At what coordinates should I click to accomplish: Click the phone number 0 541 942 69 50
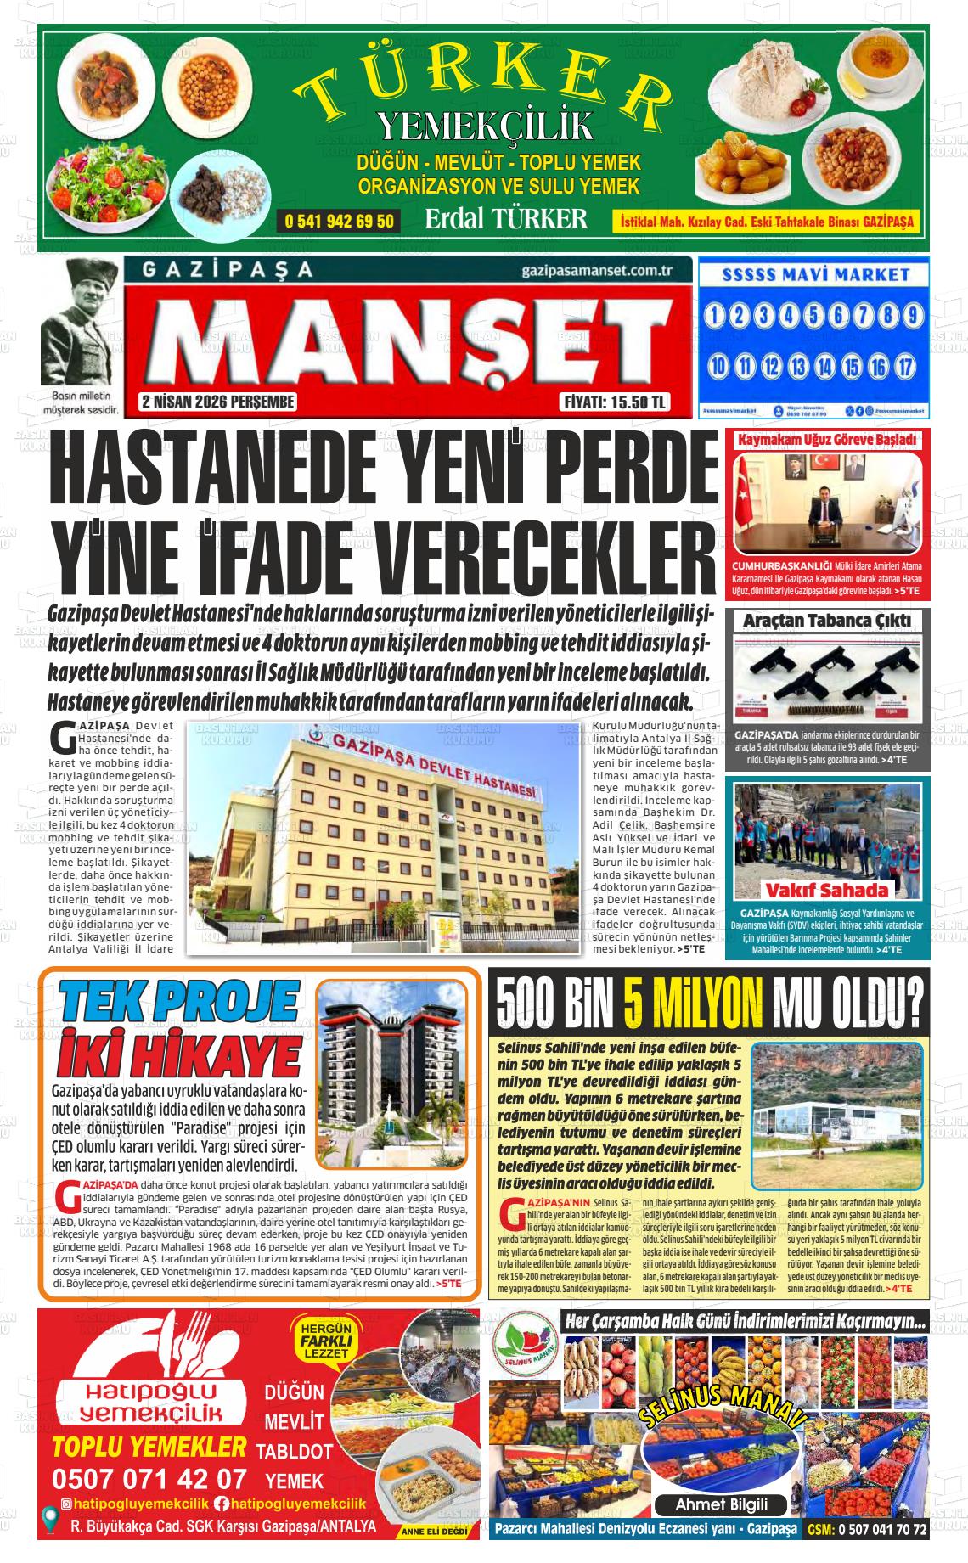(x=339, y=222)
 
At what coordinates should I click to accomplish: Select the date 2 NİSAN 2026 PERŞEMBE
(x=218, y=402)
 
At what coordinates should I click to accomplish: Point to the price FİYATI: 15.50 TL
(x=615, y=402)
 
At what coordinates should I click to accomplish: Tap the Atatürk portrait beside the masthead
(x=81, y=323)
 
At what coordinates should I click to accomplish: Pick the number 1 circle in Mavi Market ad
(x=716, y=317)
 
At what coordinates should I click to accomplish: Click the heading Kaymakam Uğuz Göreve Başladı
(x=827, y=441)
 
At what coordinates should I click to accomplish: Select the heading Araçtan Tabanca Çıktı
(x=826, y=621)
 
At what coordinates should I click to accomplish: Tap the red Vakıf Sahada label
(x=826, y=890)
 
